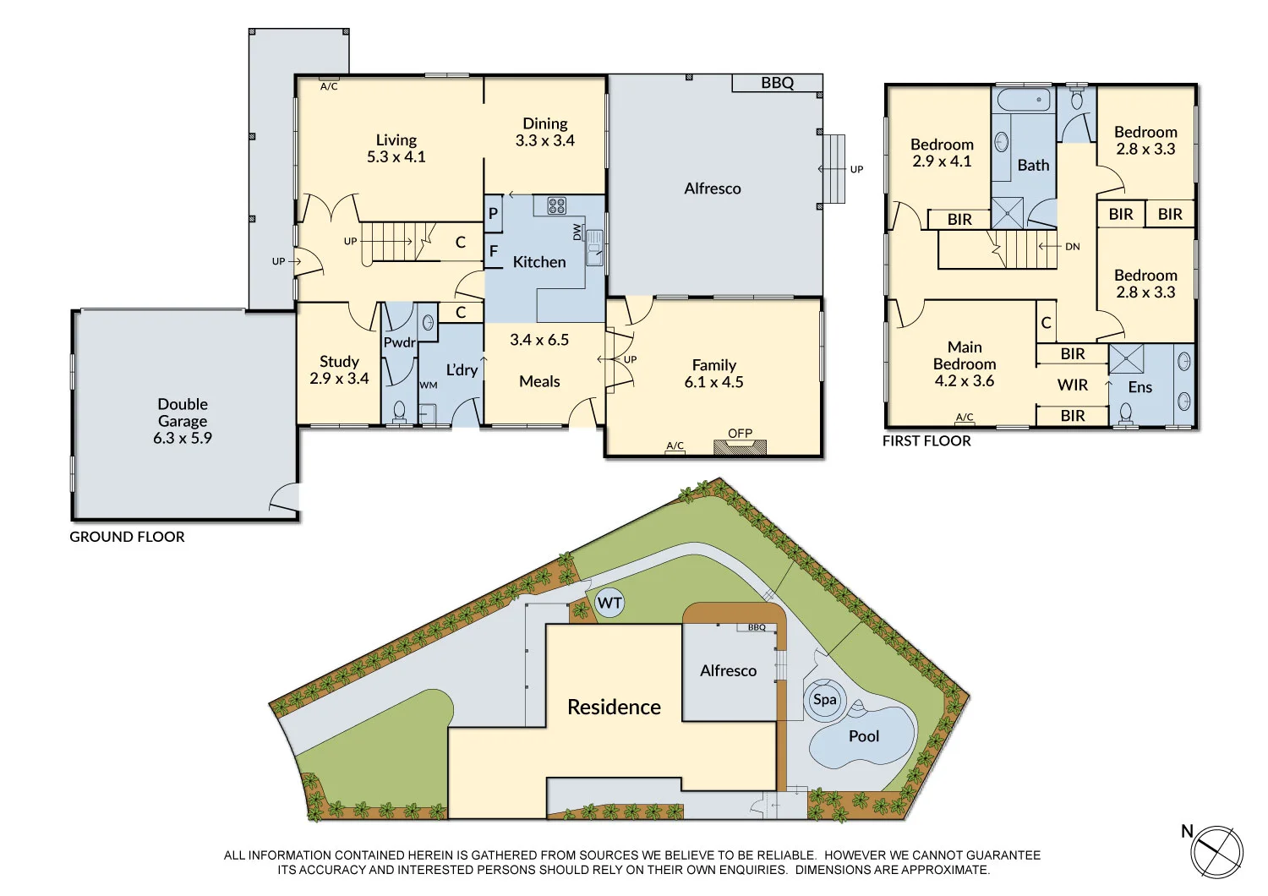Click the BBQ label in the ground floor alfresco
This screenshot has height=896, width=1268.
[777, 83]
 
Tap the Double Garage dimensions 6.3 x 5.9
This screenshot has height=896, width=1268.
[183, 438]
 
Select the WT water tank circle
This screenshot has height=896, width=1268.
[609, 604]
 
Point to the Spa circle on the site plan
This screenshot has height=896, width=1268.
[824, 700]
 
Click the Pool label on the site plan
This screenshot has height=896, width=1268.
[863, 736]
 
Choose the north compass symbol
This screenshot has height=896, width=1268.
[1217, 851]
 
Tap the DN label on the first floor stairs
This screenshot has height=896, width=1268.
[1072, 247]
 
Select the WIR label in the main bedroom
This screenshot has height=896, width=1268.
[1073, 385]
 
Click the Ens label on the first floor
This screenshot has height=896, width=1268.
[1140, 387]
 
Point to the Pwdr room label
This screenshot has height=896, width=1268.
[399, 342]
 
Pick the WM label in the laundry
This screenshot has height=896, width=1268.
[429, 385]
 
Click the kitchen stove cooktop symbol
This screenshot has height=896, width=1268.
[556, 205]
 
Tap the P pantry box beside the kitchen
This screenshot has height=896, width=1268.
[494, 214]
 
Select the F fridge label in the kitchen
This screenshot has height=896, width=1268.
[494, 251]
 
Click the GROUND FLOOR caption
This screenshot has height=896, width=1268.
[127, 537]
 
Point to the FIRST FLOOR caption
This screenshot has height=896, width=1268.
[926, 441]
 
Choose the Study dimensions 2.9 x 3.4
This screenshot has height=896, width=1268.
[339, 379]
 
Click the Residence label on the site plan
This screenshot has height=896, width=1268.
[614, 708]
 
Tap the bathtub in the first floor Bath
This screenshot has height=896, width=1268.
[1024, 101]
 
